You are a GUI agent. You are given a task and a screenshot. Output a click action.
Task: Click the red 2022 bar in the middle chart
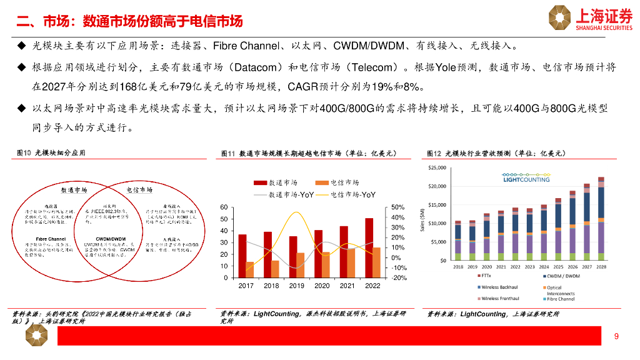point(369,247)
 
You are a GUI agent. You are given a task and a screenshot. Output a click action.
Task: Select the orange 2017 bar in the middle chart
point(250,269)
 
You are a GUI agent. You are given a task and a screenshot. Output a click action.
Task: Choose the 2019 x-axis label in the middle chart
point(296,286)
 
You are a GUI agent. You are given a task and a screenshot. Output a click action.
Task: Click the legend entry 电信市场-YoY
point(347,194)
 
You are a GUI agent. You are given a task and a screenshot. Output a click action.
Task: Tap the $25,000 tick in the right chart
point(437,168)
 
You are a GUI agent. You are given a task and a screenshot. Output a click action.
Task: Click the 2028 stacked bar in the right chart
point(601,219)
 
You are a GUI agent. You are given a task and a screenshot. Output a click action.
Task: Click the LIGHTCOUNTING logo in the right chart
point(526,177)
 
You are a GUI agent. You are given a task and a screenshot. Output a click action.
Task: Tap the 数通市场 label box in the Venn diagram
point(74,189)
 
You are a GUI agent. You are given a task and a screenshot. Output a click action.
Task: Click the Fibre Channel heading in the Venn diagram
point(51,239)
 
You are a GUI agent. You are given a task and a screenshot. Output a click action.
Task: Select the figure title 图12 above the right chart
point(434,153)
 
